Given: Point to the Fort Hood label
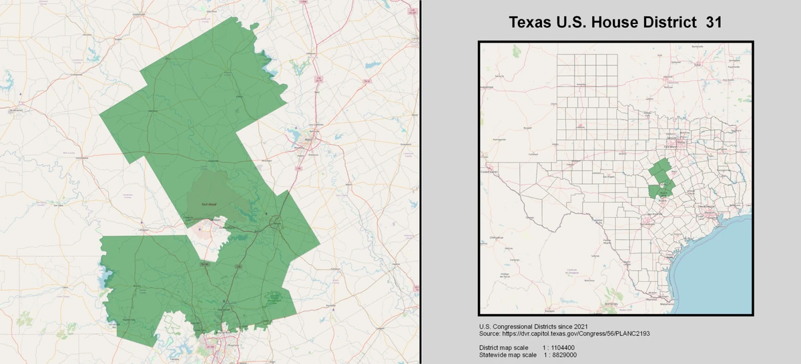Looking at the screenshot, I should coord(208,204).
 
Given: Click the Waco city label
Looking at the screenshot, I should coord(308,139).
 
